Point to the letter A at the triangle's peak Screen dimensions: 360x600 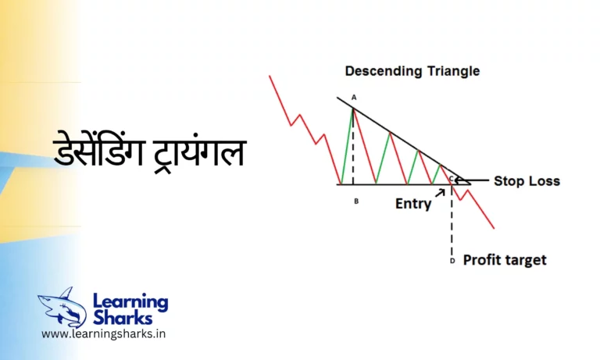(354, 98)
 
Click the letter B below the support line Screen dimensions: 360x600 (356, 201)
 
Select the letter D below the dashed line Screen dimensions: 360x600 (453, 261)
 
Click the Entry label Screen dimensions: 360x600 (412, 204)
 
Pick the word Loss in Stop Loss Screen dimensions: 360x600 (545, 181)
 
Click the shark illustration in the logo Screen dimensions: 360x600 (62, 307)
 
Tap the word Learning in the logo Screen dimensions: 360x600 (130, 301)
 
